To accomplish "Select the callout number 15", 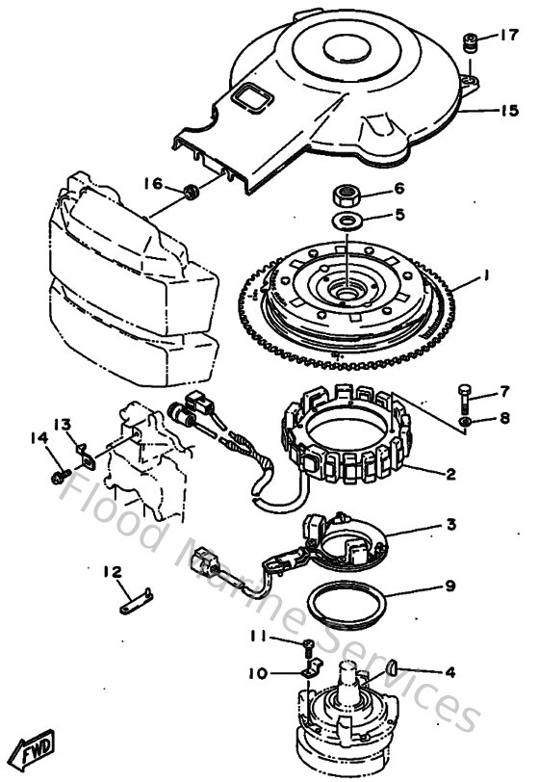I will (509, 110).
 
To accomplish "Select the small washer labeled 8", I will (466, 421).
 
